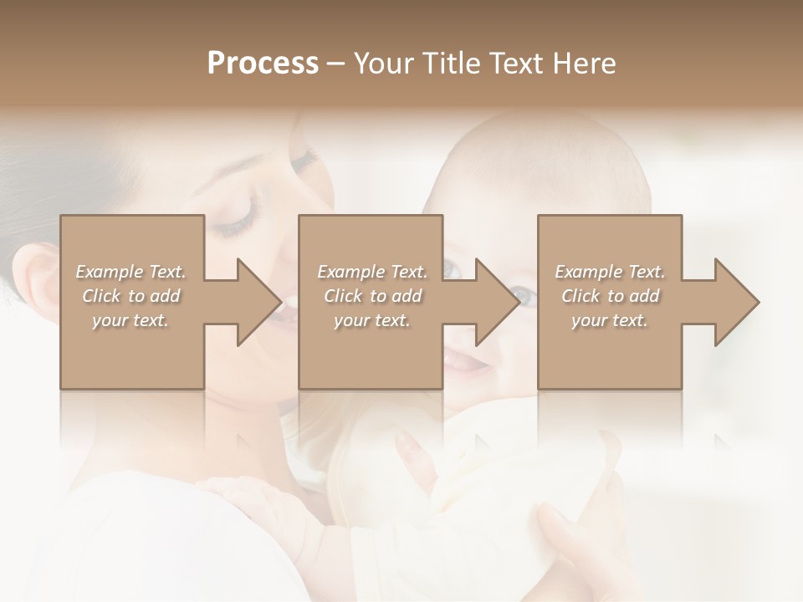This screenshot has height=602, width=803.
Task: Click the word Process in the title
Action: point(263,64)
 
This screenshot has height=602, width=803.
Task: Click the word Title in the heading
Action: point(448,64)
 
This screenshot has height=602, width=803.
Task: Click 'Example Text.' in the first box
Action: point(130,272)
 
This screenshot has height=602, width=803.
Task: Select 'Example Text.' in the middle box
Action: point(372,272)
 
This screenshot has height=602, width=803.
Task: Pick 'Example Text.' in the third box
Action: point(610,272)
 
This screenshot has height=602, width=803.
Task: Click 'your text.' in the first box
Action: point(130,320)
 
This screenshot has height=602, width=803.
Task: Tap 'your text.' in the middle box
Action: point(372,320)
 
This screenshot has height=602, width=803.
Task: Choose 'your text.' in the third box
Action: point(610,320)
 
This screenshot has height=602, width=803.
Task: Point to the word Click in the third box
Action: point(581,296)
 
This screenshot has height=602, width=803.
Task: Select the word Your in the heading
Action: point(382,64)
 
